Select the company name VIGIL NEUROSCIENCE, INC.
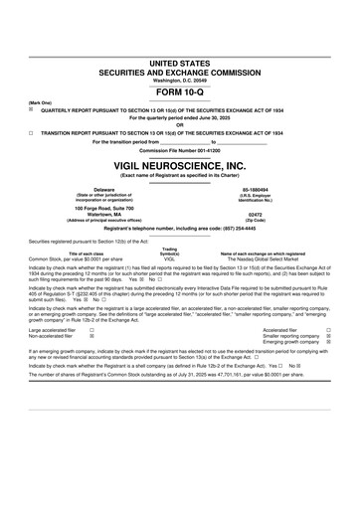[180, 166]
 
